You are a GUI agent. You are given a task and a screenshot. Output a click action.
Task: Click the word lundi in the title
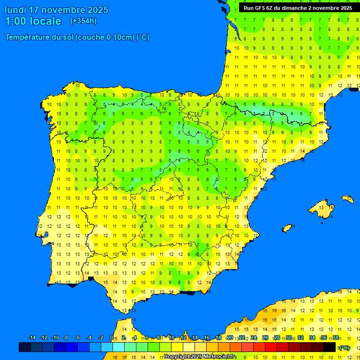[x=15, y=10]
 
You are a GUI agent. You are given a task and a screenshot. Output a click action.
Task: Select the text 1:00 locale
[x=33, y=21]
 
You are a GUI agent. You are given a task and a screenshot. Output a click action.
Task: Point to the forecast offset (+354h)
[x=83, y=21]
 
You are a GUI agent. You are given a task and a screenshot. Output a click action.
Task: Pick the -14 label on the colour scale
[x=32, y=338]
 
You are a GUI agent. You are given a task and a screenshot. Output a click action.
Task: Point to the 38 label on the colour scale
[x=336, y=338]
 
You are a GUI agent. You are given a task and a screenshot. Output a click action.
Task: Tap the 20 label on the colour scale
[x=230, y=338]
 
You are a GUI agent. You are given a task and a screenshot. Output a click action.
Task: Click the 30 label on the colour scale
[x=289, y=338]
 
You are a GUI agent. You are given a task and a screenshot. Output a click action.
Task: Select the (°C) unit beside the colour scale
[x=345, y=347]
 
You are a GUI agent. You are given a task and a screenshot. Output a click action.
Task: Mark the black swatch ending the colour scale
[x=330, y=347]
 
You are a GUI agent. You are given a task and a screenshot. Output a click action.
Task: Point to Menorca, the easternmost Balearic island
[x=347, y=199]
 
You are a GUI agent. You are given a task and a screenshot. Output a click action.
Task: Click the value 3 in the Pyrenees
[x=273, y=113]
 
